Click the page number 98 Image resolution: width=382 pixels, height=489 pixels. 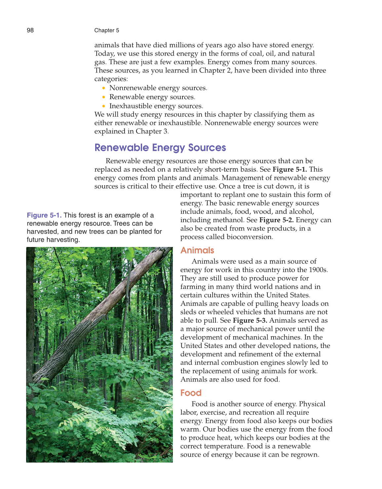tap(30, 30)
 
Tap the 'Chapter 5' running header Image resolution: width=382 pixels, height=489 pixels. tap(106, 30)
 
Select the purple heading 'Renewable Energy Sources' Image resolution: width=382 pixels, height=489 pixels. tap(160, 147)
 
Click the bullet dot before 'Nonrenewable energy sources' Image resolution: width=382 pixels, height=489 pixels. tap(104, 88)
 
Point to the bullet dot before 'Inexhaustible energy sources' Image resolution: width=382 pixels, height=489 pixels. tap(104, 106)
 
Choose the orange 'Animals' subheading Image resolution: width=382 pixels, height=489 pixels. tap(197, 250)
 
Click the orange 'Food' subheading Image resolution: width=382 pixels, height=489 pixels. tap(191, 393)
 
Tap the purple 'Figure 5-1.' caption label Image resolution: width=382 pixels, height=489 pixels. tap(44, 215)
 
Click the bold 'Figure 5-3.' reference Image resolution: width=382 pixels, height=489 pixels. tap(250, 320)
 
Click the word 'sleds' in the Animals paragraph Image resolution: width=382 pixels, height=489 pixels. tap(188, 312)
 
